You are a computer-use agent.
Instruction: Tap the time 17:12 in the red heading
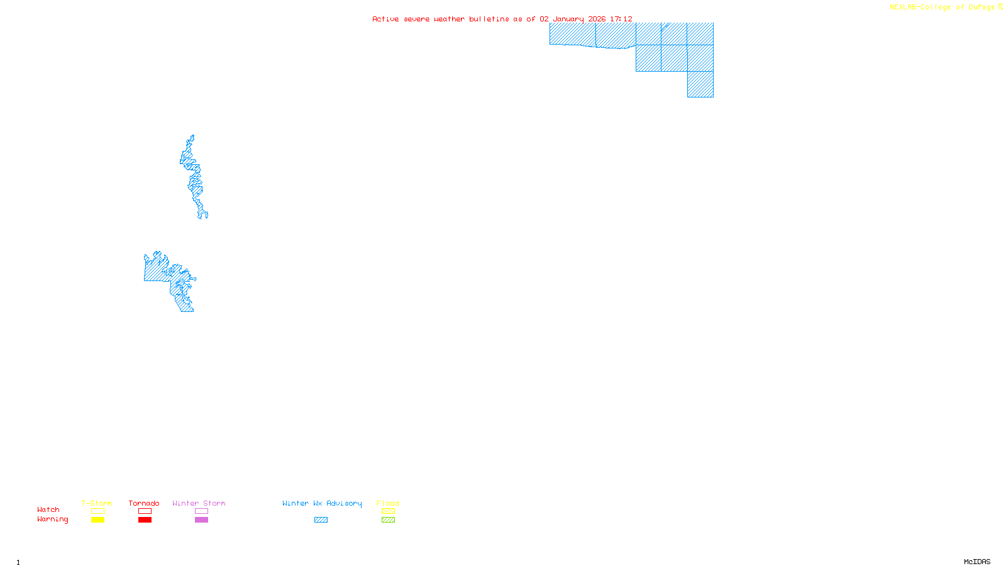click(621, 19)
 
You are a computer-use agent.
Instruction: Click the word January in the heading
click(568, 19)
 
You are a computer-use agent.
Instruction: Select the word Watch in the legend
click(48, 510)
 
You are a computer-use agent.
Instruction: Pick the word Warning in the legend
click(52, 519)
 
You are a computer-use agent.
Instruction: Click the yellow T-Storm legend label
click(97, 503)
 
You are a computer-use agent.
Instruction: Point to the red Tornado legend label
click(144, 503)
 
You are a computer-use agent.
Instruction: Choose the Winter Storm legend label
click(199, 503)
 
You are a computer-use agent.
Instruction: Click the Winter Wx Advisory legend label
click(322, 503)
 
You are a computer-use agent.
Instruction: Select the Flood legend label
click(388, 503)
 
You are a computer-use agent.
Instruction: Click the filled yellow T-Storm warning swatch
click(97, 520)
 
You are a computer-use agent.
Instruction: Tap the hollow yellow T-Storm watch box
click(97, 511)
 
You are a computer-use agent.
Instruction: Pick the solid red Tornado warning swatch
click(145, 520)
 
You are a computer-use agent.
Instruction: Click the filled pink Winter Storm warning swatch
click(201, 520)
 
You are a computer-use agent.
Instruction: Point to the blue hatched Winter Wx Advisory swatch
click(321, 520)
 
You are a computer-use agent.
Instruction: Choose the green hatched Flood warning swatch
click(388, 520)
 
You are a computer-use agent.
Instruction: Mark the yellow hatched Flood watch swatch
click(388, 511)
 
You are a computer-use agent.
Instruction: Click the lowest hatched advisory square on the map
click(700, 84)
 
